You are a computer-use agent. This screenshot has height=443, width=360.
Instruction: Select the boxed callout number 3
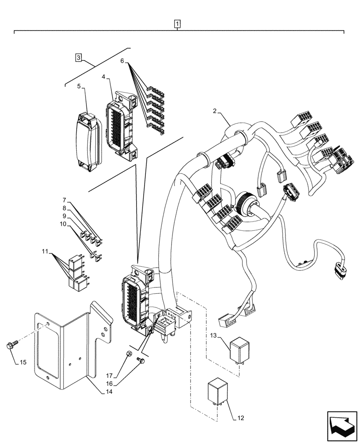78,58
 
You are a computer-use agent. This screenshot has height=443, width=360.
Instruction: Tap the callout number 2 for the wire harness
215,112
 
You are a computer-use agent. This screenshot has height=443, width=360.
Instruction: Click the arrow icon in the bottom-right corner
341,424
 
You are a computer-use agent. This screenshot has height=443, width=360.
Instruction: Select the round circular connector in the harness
245,203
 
